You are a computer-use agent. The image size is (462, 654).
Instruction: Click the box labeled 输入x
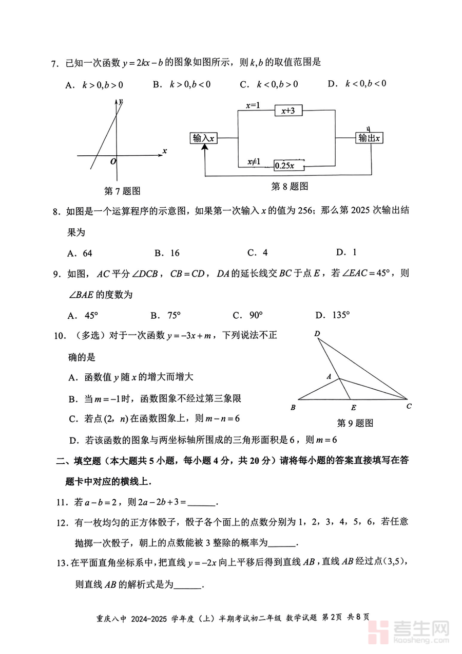pyautogui.click(x=203, y=138)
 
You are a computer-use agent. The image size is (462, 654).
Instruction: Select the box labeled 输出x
pyautogui.click(x=370, y=138)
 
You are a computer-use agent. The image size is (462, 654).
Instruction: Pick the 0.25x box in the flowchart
pyautogui.click(x=288, y=165)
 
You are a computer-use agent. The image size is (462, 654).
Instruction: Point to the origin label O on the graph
pyautogui.click(x=113, y=161)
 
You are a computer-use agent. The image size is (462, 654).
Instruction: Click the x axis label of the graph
pyautogui.click(x=164, y=151)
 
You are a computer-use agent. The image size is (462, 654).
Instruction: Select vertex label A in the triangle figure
pyautogui.click(x=329, y=376)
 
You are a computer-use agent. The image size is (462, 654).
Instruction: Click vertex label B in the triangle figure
pyautogui.click(x=293, y=408)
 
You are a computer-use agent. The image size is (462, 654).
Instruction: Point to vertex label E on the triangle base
pyautogui.click(x=353, y=408)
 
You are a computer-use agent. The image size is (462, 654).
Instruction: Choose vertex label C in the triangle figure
pyautogui.click(x=409, y=406)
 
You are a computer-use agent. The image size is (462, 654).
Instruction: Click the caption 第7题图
pyautogui.click(x=122, y=191)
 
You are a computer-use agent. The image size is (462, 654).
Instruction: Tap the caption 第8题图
pyautogui.click(x=290, y=186)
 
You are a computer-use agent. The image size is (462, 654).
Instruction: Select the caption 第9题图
pyautogui.click(x=355, y=423)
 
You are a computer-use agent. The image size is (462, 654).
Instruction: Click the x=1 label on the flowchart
pyautogui.click(x=253, y=105)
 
